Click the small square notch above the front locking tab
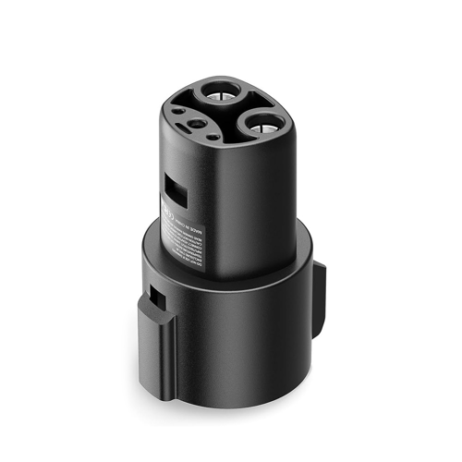coord(158,298)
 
